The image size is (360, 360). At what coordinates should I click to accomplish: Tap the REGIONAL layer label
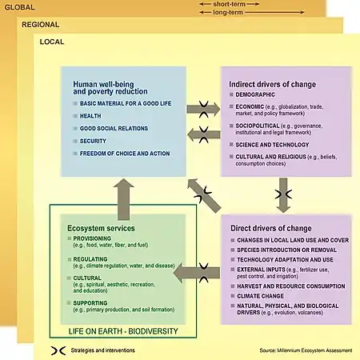coord(41,25)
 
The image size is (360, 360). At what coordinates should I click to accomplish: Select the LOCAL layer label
coord(52,41)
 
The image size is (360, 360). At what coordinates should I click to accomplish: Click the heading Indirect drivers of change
coord(272,83)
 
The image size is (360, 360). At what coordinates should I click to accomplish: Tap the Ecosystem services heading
coord(99,230)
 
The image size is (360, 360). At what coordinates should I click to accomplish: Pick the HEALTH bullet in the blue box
coord(90,116)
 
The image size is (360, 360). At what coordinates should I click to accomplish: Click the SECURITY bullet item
coord(93,140)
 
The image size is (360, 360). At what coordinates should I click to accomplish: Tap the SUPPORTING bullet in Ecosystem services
coord(90,303)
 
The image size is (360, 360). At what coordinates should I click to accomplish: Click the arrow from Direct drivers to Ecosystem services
coord(197,271)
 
